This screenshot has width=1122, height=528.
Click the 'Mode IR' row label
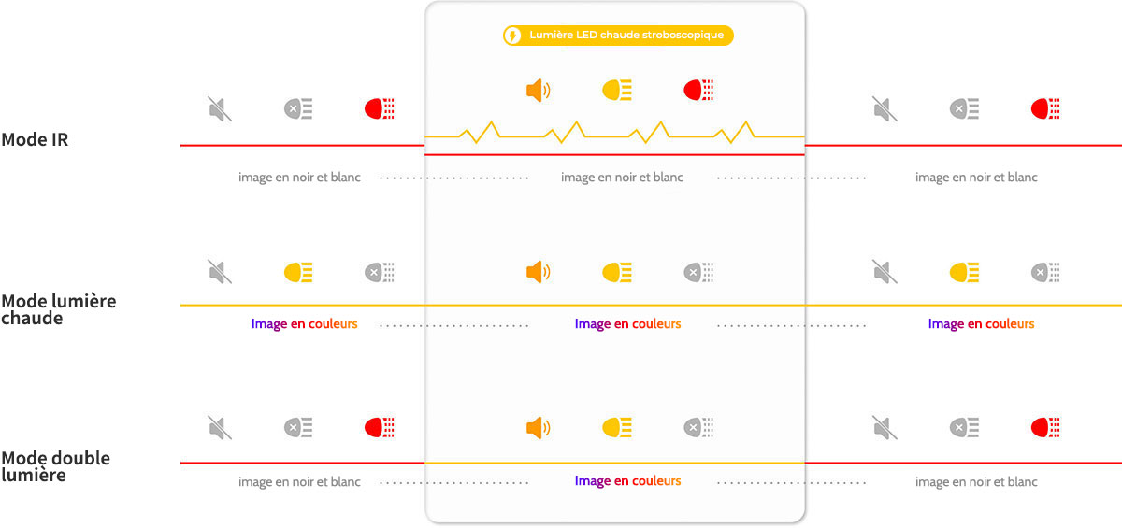(35, 139)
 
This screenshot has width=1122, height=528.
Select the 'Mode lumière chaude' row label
(59, 309)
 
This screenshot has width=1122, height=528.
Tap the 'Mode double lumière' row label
(55, 466)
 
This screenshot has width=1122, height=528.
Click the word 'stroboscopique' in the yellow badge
(683, 35)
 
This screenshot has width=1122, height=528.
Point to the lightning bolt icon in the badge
(512, 36)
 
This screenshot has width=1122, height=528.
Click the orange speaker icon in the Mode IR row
(539, 91)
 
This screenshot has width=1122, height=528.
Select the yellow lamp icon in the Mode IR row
(617, 90)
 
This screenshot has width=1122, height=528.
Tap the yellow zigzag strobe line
(614, 133)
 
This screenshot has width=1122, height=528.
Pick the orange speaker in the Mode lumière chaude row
(539, 272)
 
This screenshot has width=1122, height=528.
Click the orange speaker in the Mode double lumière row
(539, 428)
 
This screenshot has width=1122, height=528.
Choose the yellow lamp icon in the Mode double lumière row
(617, 428)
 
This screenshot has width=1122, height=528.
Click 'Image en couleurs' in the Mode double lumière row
(627, 481)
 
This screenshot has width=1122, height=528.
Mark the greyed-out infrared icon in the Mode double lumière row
(698, 427)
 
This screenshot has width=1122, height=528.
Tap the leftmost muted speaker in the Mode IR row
(220, 108)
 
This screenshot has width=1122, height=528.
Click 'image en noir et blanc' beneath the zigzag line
(622, 178)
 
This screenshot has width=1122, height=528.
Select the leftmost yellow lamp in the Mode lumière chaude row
(298, 272)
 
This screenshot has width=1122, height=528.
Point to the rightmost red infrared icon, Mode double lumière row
(1045, 428)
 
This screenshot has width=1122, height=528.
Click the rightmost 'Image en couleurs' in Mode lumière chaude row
(981, 323)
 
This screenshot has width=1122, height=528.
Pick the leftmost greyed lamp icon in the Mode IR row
(298, 108)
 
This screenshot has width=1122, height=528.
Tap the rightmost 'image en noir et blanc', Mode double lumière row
(976, 482)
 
